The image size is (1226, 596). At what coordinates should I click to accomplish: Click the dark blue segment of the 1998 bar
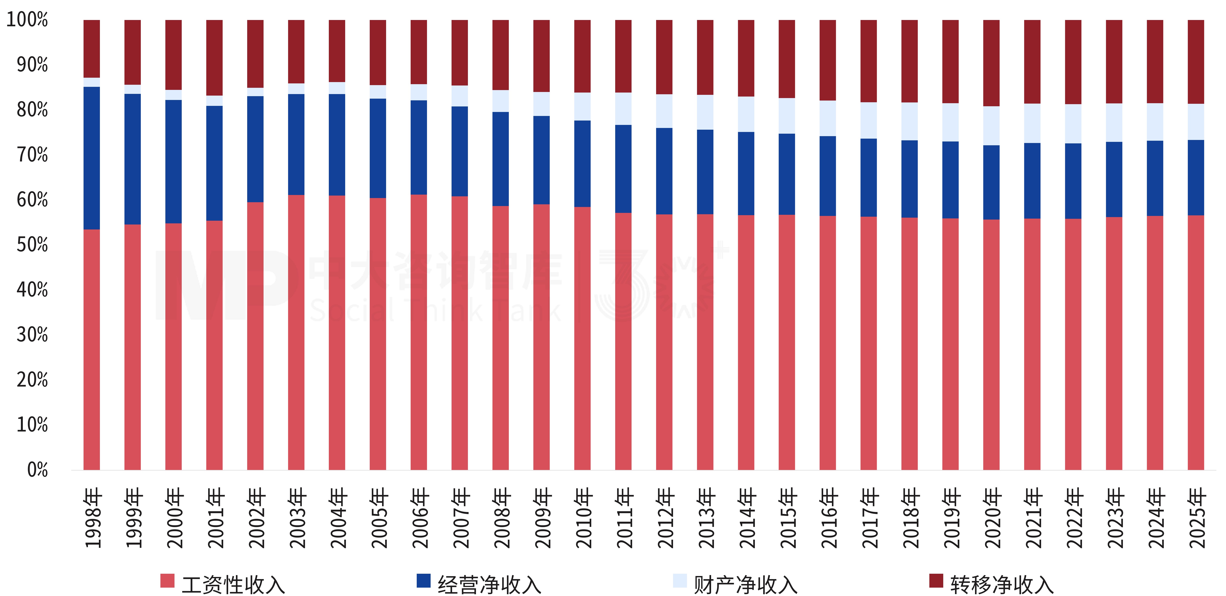click(x=92, y=158)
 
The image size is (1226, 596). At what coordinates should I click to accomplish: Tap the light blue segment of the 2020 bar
click(x=991, y=126)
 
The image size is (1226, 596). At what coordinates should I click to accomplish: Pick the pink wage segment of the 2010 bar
click(x=582, y=338)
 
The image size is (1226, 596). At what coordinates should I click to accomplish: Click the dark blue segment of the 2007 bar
click(x=460, y=152)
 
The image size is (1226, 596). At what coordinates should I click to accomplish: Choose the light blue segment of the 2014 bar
click(x=746, y=114)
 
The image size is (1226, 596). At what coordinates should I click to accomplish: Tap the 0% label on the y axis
click(x=38, y=470)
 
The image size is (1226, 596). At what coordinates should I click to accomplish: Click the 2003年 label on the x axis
click(x=297, y=518)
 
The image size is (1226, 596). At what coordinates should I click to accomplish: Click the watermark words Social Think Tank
click(x=436, y=310)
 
